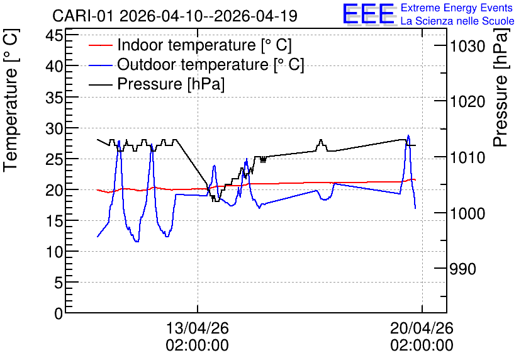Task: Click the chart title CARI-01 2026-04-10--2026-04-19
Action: point(175,16)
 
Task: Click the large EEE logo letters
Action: point(369,14)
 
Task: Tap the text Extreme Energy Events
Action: point(457,8)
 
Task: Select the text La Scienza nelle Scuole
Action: point(457,21)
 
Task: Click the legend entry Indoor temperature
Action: point(190,45)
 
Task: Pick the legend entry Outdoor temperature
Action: point(196,64)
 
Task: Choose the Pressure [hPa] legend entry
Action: point(157,84)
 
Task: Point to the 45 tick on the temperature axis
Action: point(54,35)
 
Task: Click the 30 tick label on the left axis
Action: point(54,128)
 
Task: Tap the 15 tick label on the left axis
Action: point(54,221)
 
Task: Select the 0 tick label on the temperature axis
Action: point(59,313)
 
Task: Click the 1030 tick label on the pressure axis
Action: point(467,46)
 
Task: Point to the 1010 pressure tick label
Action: point(467,157)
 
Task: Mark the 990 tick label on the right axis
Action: point(462,269)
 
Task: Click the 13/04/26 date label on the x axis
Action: point(198,328)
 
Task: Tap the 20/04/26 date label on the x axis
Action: point(422,328)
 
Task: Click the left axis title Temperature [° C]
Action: point(11,101)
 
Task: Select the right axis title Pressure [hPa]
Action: point(501,87)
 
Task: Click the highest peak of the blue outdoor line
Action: point(408,135)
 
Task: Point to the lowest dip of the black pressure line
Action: point(216,201)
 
